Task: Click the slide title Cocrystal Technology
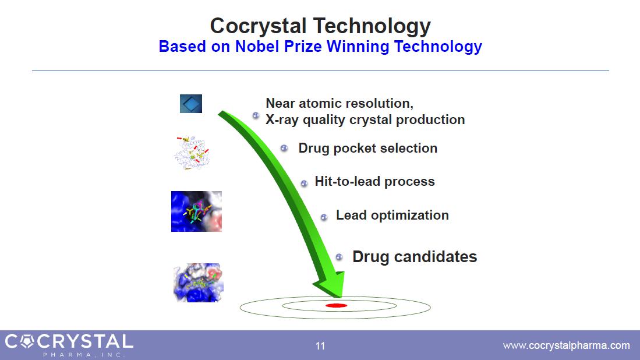pyautogui.click(x=320, y=26)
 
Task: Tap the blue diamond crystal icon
pyautogui.click(x=191, y=104)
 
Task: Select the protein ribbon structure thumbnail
pyautogui.click(x=192, y=153)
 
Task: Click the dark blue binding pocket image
pyautogui.click(x=196, y=211)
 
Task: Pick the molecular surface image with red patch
pyautogui.click(x=199, y=283)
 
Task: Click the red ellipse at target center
pyautogui.click(x=337, y=305)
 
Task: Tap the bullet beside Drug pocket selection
pyautogui.click(x=284, y=148)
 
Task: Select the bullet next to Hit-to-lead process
pyautogui.click(x=304, y=183)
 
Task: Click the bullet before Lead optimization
pyautogui.click(x=324, y=217)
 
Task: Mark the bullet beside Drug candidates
pyautogui.click(x=339, y=257)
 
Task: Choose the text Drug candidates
pyautogui.click(x=415, y=257)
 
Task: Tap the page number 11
pyautogui.click(x=320, y=346)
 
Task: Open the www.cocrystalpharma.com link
pyautogui.click(x=566, y=345)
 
